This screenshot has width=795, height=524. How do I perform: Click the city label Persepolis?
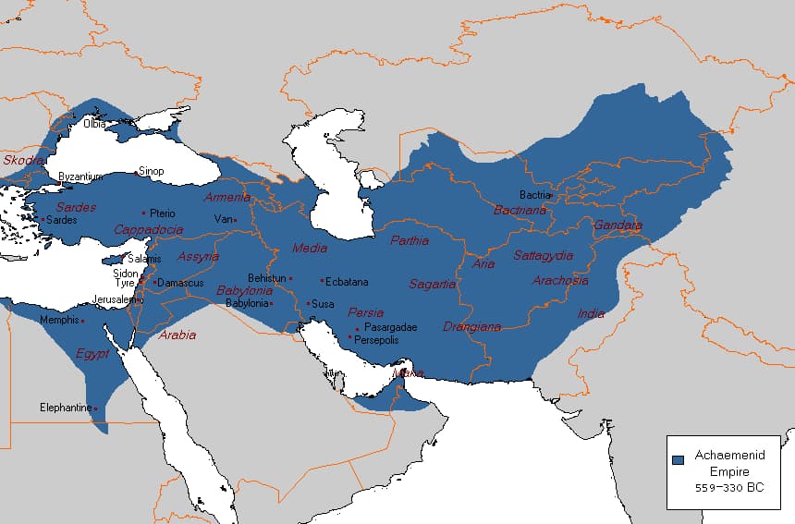coord(376,340)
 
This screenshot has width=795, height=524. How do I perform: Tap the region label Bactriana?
coord(520,211)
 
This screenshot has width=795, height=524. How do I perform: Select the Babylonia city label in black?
coord(246,303)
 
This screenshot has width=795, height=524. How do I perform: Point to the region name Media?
coord(309,248)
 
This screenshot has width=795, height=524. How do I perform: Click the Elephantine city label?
coord(66,408)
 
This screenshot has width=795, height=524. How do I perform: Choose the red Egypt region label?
coord(92,354)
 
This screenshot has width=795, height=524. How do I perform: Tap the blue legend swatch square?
coord(678,459)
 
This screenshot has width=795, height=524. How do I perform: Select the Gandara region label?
coord(618,225)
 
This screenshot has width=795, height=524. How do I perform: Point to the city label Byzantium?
coord(81,177)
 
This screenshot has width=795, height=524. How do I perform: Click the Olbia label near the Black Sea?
coord(94,124)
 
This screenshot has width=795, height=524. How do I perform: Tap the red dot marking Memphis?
coord(83,321)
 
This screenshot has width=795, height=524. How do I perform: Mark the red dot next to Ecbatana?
coord(322,281)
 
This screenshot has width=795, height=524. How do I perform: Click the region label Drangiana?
coord(471,326)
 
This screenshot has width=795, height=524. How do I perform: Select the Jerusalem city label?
coord(116,299)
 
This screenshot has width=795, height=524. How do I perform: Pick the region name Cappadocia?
coord(148,229)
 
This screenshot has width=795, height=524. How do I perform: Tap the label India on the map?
coord(591,314)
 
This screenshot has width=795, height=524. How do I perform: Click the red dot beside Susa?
coord(308,303)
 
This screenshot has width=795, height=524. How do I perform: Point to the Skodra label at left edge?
coord(22,160)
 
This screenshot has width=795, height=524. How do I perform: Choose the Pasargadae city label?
coord(390,327)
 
